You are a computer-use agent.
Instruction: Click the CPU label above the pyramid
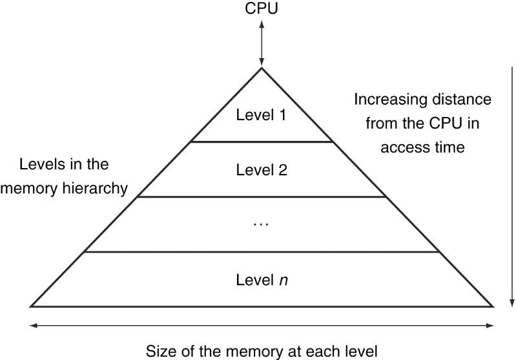click(x=262, y=8)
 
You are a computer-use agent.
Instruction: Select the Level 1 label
click(x=262, y=115)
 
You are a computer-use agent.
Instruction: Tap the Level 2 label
click(x=262, y=170)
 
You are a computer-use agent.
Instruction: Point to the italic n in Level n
click(x=284, y=281)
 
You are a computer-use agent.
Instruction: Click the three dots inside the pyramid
click(x=262, y=225)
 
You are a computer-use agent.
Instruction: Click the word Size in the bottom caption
click(x=160, y=352)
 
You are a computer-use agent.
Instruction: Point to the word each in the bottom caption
click(x=318, y=352)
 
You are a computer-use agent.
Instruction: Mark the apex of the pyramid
click(x=262, y=68)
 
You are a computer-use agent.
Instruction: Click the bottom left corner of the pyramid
click(x=30, y=306)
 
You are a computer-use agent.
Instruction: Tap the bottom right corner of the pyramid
click(x=493, y=306)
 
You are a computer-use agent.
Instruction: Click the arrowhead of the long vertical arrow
click(x=512, y=303)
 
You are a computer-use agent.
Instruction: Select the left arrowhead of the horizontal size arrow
click(x=33, y=326)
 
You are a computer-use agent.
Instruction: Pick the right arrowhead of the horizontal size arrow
click(x=490, y=326)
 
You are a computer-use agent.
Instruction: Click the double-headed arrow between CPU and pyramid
click(x=262, y=43)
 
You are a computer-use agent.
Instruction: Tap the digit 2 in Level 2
click(x=283, y=170)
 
